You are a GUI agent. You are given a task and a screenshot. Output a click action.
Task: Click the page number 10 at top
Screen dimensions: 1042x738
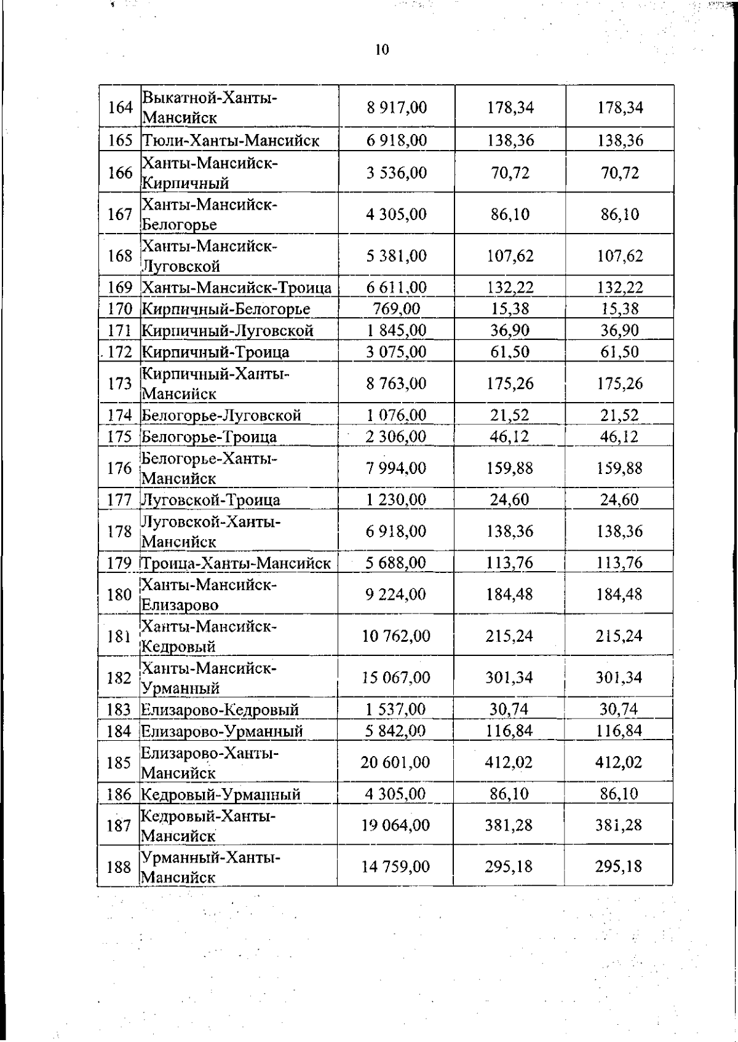(382, 50)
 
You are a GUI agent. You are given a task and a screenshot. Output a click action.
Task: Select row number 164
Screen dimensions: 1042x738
(120, 108)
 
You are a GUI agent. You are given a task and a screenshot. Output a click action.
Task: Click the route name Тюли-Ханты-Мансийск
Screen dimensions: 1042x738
(231, 141)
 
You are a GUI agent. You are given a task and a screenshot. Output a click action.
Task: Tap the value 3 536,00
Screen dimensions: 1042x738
(397, 173)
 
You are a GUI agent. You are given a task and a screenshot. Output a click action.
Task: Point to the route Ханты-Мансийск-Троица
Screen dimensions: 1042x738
(237, 288)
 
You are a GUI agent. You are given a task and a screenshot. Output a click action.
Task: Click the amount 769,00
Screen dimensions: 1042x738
(397, 309)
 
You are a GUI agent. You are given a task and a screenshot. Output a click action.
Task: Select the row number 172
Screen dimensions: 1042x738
(120, 352)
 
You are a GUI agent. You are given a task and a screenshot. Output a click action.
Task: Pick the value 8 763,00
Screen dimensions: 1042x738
(397, 384)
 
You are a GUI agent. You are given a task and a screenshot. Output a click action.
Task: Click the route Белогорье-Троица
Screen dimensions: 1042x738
(209, 437)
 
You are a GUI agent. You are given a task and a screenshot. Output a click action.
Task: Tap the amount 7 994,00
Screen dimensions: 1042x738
(397, 468)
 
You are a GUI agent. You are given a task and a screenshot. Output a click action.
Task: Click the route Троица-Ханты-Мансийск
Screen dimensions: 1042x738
(236, 563)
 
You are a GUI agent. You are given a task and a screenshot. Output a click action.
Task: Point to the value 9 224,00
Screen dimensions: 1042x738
(397, 594)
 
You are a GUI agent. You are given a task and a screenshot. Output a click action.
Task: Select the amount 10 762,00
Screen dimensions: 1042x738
(397, 636)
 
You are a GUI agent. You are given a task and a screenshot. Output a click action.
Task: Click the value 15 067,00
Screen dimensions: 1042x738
(397, 677)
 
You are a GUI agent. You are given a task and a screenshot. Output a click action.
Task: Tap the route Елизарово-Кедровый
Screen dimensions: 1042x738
(220, 710)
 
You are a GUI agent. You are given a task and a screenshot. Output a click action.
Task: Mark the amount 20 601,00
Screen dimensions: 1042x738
(396, 762)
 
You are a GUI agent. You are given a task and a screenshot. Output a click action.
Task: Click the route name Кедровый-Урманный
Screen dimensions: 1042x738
(221, 794)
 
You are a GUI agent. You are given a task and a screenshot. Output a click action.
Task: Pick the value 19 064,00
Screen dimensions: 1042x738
(396, 825)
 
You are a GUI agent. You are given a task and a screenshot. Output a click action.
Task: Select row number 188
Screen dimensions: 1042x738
(119, 867)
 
